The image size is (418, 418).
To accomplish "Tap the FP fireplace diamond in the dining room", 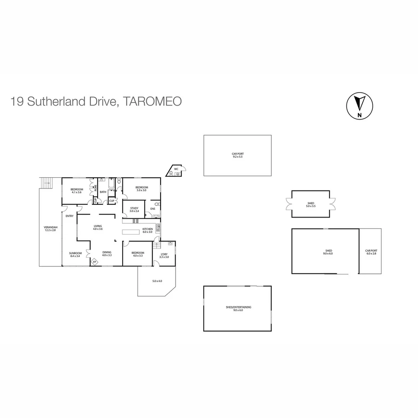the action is pos(94,262).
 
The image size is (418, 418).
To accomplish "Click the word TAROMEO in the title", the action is pos(152,101).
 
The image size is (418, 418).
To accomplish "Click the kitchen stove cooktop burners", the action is pos(136,221).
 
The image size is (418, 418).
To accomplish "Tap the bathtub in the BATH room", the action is pos(111,184).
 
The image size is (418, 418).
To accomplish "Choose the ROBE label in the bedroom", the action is pos(95,188).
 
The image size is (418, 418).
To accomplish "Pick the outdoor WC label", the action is pos(176,169).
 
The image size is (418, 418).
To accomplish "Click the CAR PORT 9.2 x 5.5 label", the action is pos(238,155).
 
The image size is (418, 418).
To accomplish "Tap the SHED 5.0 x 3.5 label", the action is pos(311,205).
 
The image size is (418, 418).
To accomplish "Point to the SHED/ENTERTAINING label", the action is pos(238,308).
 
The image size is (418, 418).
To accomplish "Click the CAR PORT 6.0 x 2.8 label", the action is pos(370,252).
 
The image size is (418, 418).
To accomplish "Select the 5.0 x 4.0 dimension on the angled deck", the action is pos(157,281).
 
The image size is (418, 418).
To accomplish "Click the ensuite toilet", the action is pos(157,205).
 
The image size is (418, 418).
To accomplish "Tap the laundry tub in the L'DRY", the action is pos(170,244).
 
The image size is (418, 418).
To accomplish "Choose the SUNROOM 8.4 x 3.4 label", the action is pos(75,254).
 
